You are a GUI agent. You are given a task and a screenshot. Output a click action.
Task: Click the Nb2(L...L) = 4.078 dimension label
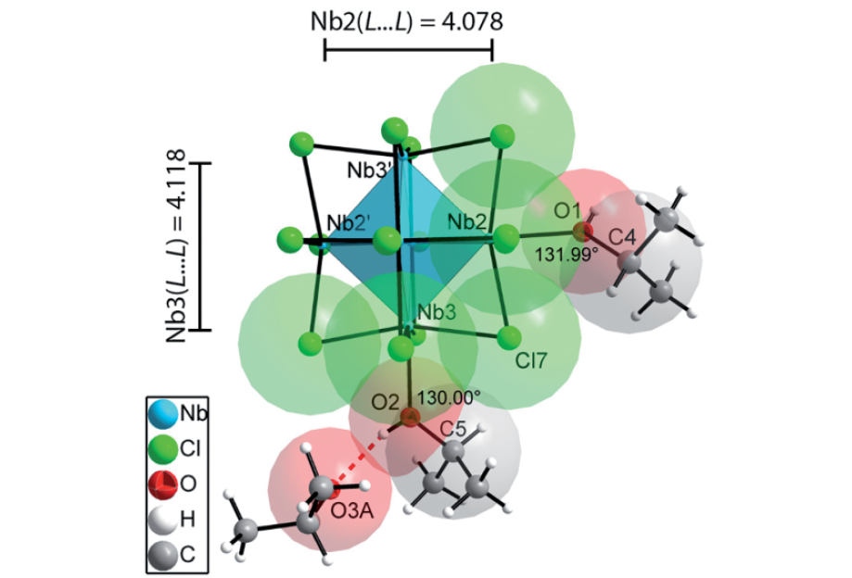(407, 21)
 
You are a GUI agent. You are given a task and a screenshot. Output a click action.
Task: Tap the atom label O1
(566, 211)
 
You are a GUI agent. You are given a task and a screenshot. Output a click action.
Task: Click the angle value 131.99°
(562, 252)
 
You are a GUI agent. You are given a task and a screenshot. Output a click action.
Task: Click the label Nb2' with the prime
(349, 225)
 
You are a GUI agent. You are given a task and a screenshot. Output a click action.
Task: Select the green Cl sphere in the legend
(164, 449)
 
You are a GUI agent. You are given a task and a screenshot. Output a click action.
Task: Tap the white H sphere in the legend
(164, 520)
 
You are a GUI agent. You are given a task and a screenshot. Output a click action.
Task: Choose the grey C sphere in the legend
(164, 554)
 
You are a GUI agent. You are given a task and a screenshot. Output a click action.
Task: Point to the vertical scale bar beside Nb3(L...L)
(206, 246)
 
